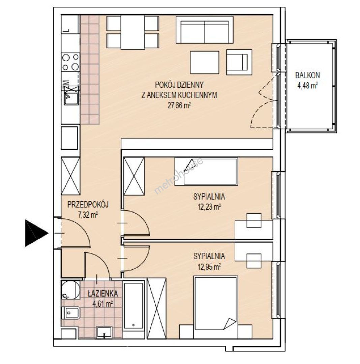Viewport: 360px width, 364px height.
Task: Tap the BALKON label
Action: pyautogui.click(x=307, y=75)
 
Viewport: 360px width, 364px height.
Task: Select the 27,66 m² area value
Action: pyautogui.click(x=179, y=105)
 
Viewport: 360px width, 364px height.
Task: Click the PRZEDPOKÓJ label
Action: pyautogui.click(x=88, y=205)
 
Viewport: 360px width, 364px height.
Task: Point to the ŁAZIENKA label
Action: pyautogui.click(x=103, y=294)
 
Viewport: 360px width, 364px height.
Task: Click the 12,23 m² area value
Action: pyautogui.click(x=209, y=207)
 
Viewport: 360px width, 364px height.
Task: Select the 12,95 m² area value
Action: pyautogui.click(x=209, y=267)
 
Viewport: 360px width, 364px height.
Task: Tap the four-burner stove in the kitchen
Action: pyautogui.click(x=70, y=62)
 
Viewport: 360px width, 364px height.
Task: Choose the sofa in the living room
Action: pyautogui.click(x=205, y=30)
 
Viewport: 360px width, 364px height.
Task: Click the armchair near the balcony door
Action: pyautogui.click(x=239, y=62)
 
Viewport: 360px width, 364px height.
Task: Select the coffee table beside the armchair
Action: pyautogui.click(x=205, y=62)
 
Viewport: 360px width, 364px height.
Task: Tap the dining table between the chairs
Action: pyautogui.click(x=132, y=32)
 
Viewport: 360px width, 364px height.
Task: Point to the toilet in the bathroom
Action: pyautogui.click(x=70, y=313)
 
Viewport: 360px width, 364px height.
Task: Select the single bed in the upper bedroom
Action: pyautogui.click(x=206, y=171)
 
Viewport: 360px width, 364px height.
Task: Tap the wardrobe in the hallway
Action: pyautogui.click(x=70, y=176)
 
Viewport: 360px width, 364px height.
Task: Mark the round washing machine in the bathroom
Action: pyautogui.click(x=70, y=290)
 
